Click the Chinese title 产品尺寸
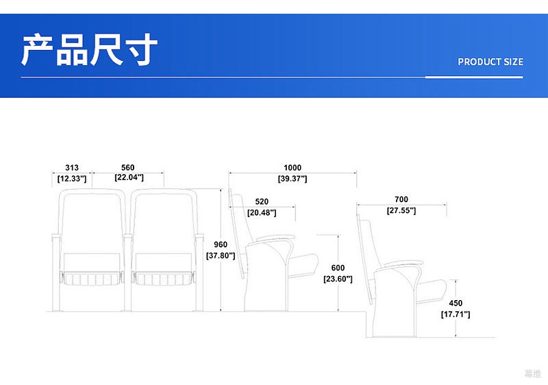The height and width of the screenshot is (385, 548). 90,49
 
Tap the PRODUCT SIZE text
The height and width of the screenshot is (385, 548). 490,62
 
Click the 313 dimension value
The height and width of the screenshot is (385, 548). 72,168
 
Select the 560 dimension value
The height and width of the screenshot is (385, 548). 128,168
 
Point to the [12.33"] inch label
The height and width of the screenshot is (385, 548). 72,179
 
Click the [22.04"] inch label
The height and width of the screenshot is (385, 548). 129,177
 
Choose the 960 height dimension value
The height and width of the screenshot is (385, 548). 221,245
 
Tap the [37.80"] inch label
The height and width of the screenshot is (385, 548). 221,256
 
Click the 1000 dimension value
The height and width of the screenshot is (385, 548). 292,168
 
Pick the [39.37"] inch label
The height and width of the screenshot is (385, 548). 292,179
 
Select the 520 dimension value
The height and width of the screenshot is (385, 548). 262,201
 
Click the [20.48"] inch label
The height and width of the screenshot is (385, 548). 262,213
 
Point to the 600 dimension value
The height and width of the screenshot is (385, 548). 338,268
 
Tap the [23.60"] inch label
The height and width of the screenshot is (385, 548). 338,279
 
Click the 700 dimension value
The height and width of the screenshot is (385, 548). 401,199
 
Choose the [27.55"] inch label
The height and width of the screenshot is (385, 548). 401,211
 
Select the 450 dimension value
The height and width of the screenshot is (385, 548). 456,303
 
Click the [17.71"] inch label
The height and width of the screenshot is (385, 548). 456,314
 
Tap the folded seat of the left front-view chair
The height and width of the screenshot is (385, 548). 92,278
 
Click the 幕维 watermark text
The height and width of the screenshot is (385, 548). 533,373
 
